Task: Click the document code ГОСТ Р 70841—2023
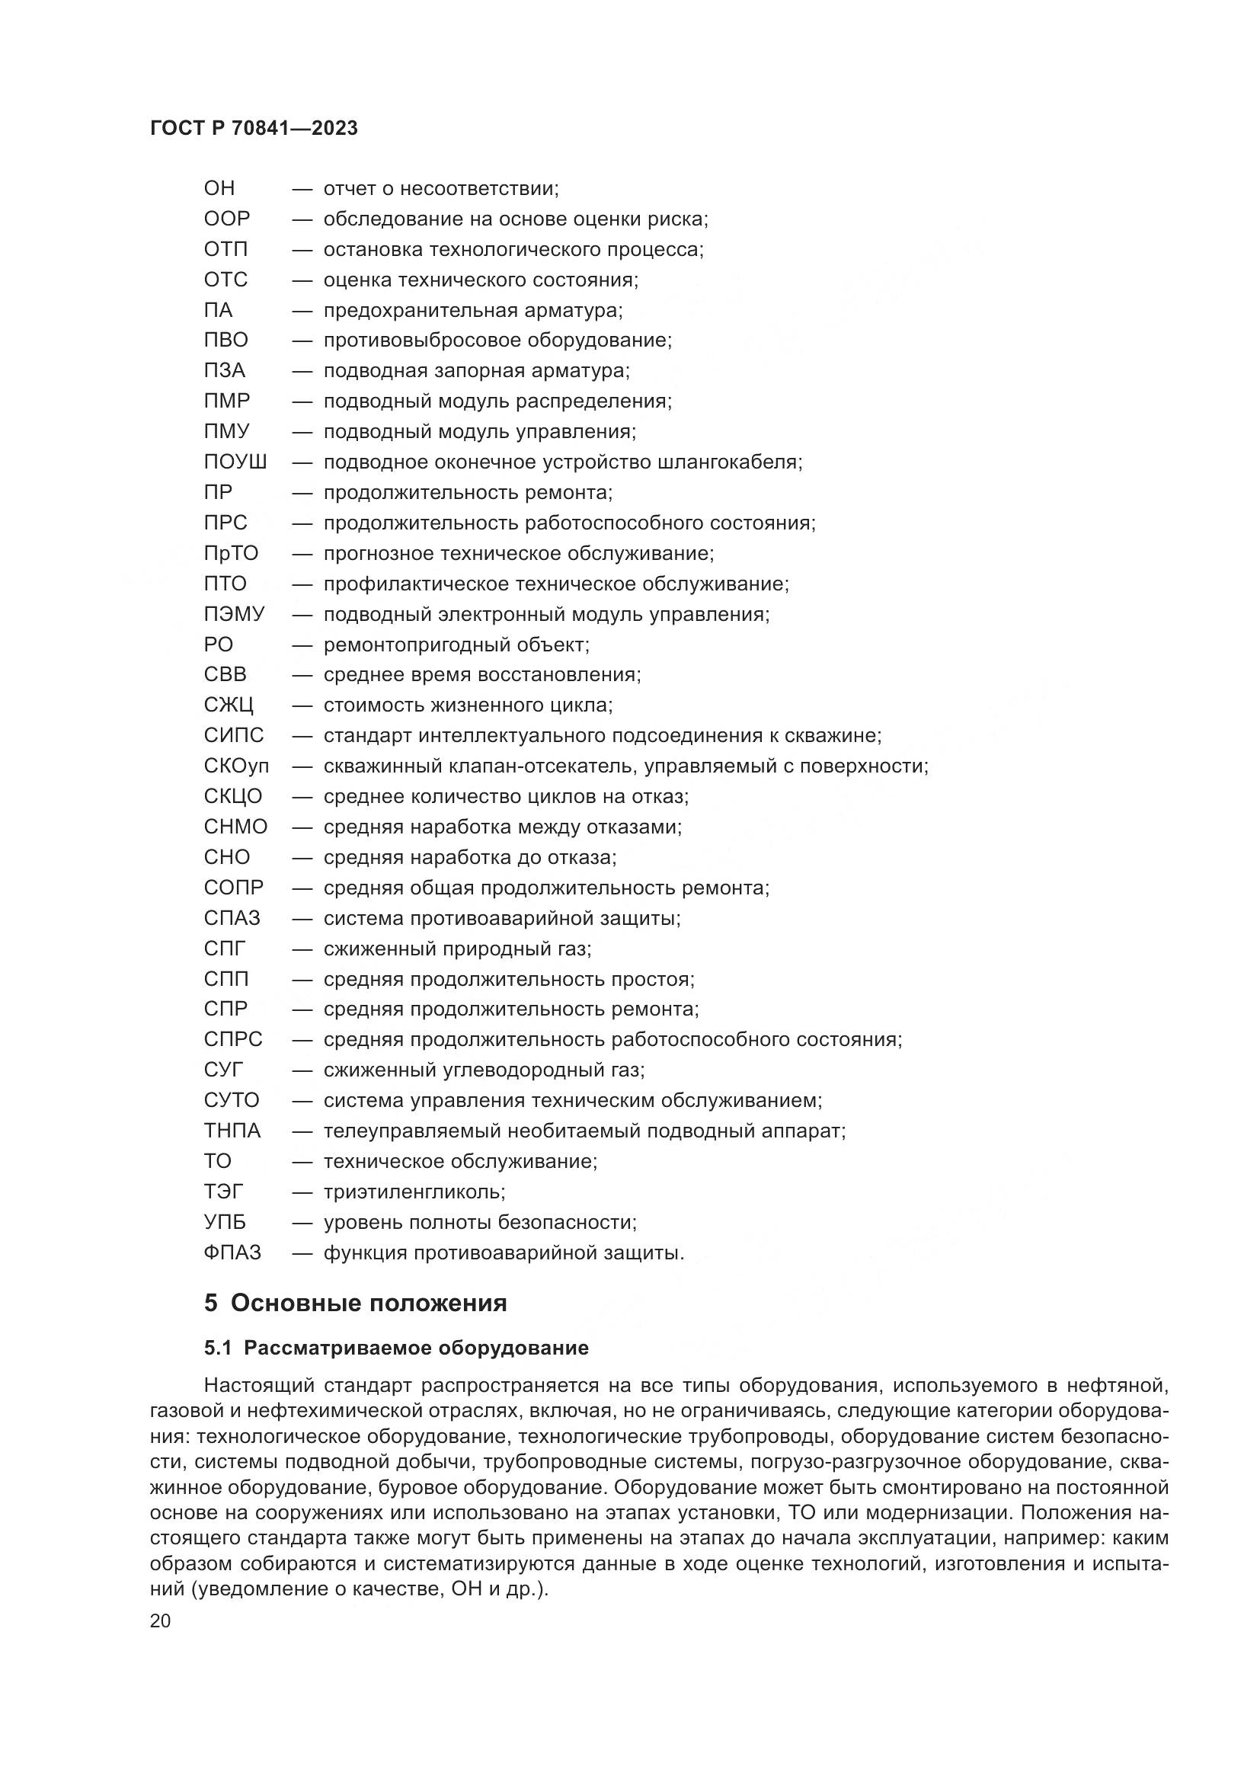point(254,129)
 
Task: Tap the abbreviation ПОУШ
point(235,462)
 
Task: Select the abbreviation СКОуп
point(237,767)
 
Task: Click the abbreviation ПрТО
point(232,554)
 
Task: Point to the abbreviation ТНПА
point(232,1131)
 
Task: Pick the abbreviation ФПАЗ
point(232,1253)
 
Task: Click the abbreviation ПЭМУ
point(235,615)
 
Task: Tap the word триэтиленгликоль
point(414,1192)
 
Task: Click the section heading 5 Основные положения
point(355,1303)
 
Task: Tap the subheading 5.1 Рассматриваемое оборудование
point(395,1348)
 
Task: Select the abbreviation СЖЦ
point(228,705)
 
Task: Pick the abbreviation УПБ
point(225,1222)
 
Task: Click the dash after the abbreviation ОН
point(302,189)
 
